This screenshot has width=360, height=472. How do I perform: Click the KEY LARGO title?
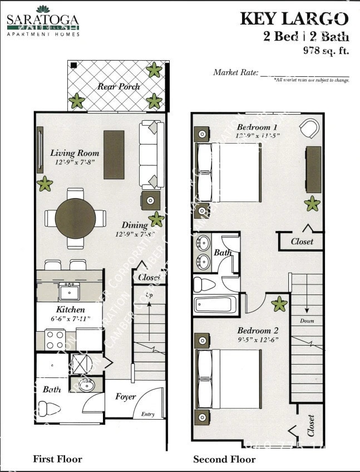click(294, 19)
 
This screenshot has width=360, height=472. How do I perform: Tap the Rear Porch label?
click(119, 86)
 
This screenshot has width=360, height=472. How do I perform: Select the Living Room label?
click(75, 153)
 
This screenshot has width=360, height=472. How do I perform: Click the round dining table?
click(75, 218)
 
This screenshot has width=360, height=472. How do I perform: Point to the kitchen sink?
click(70, 291)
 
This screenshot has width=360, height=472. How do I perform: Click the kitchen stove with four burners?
click(55, 339)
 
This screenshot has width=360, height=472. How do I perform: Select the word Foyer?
click(126, 397)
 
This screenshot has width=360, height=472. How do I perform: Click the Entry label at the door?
click(147, 414)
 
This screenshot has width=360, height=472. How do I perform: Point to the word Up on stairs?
click(149, 294)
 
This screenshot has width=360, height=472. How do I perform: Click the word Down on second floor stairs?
click(307, 321)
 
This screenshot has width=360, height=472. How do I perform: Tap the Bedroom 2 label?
click(258, 330)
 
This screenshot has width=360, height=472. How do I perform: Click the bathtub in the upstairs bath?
click(215, 304)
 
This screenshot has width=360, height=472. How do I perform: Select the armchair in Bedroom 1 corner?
click(309, 129)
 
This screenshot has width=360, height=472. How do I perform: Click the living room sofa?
click(149, 154)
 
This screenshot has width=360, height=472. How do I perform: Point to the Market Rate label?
click(235, 72)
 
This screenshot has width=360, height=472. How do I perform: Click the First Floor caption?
click(57, 459)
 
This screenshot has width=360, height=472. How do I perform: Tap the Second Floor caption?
click(224, 459)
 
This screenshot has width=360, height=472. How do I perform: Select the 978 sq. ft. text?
click(325, 50)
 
